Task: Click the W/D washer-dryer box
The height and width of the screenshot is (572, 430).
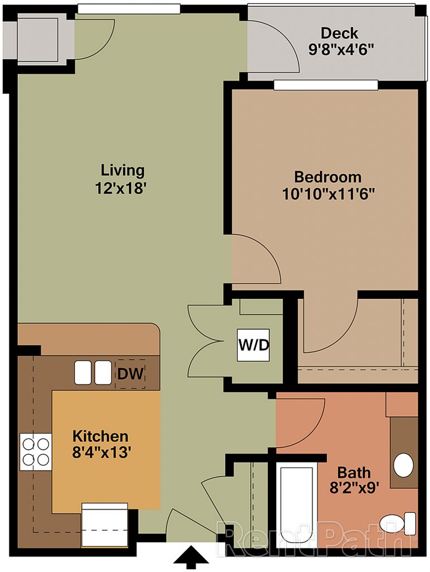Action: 253,345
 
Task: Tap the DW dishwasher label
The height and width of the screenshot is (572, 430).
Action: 131,374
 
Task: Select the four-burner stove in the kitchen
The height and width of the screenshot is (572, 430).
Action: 36,451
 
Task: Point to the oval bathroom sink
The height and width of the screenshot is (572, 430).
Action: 403,465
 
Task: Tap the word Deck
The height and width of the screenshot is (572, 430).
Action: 339,33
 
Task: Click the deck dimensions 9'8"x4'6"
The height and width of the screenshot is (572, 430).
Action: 341,49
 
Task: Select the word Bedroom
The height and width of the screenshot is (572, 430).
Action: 328,177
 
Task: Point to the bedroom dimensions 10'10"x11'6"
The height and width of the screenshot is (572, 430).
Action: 328,194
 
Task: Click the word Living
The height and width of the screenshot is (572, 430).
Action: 123,171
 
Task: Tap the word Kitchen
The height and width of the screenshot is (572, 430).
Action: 100,436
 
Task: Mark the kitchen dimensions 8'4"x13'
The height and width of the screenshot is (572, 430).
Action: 101,452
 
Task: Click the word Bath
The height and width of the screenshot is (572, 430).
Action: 354,473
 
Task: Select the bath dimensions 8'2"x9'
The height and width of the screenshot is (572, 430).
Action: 352,488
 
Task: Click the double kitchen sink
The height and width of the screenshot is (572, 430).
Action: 93,373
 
